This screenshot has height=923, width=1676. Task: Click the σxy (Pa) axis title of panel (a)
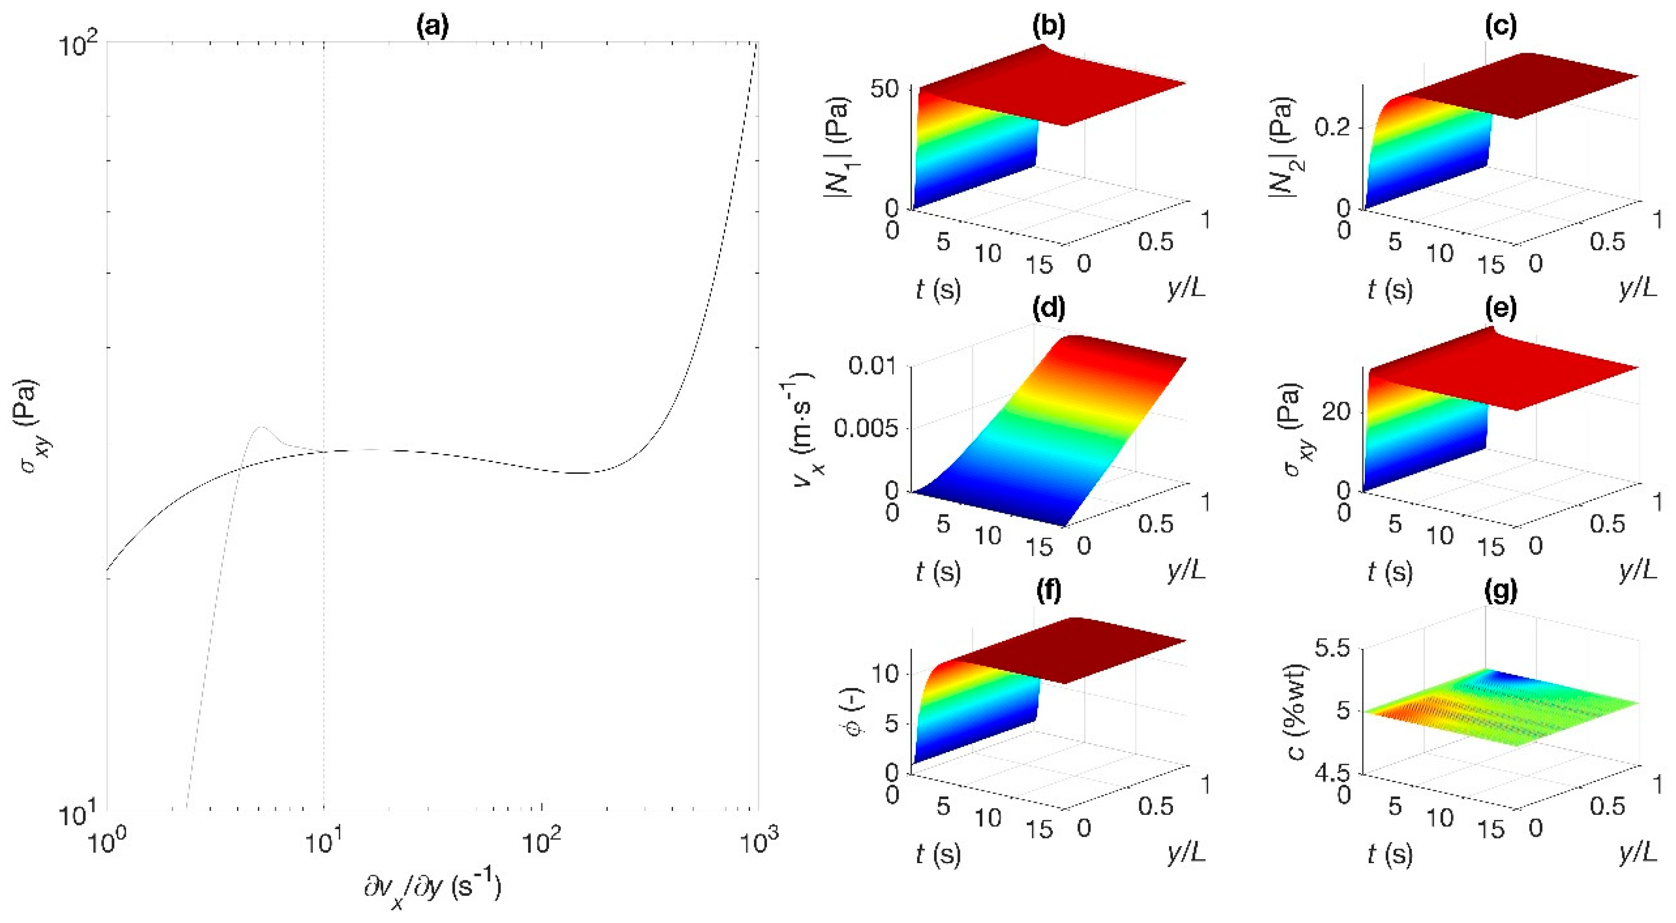[29, 426]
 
